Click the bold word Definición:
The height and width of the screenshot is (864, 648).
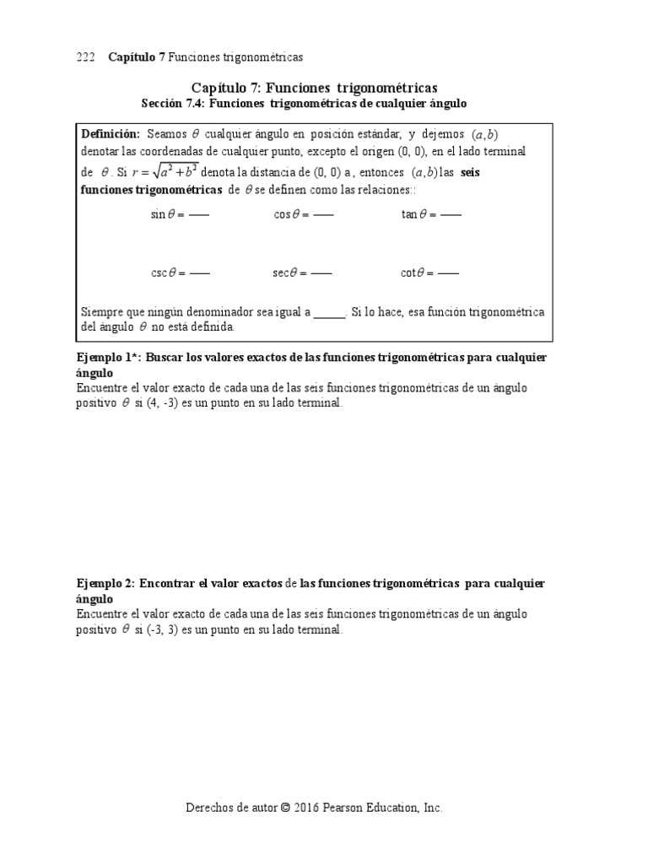(110, 134)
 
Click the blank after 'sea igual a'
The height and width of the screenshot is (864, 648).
(330, 311)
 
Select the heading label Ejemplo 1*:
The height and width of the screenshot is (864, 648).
(109, 358)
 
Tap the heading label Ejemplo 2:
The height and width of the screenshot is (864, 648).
(105, 584)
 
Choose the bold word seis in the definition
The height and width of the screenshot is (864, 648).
(473, 172)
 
